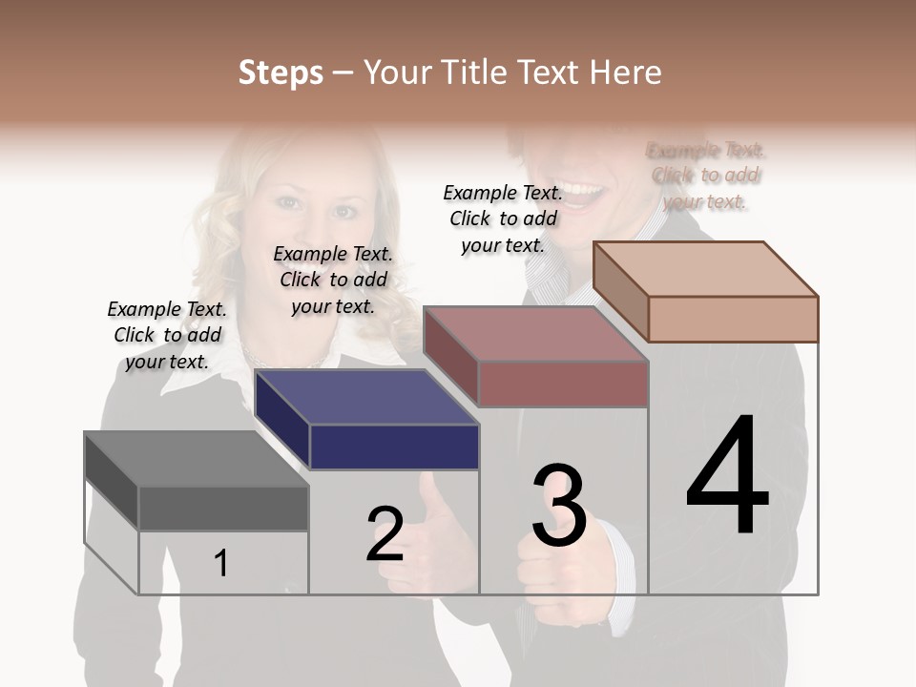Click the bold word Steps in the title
(281, 73)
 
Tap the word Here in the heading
(625, 73)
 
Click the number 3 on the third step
(559, 506)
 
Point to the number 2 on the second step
(385, 534)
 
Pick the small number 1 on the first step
(221, 563)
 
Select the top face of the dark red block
(534, 334)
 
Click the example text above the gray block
(167, 336)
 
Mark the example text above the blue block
(333, 280)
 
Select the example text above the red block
(503, 219)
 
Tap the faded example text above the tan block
(705, 176)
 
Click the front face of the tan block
(733, 319)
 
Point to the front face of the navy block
(394, 447)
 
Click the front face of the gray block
(223, 509)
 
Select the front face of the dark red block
(563, 384)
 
